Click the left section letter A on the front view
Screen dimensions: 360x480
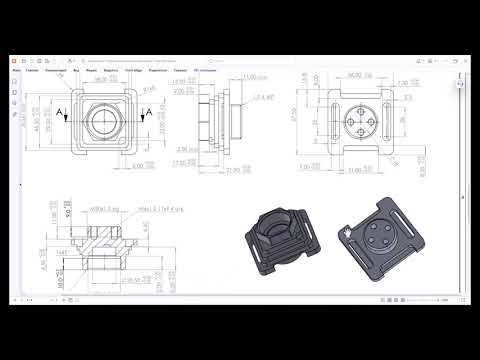click(61, 112)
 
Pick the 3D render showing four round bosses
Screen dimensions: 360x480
click(379, 244)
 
